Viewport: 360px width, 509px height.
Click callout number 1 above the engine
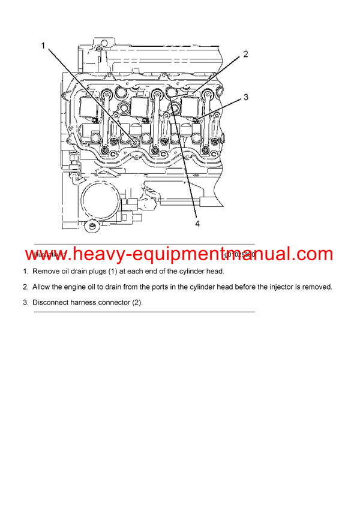pos(43,46)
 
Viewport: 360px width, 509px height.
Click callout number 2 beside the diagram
pos(245,55)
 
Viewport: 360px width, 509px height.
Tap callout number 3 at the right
pos(245,97)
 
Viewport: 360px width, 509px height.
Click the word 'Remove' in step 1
pos(46,272)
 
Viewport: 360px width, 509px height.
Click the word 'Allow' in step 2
pos(43,287)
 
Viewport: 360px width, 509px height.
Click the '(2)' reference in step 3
pos(137,302)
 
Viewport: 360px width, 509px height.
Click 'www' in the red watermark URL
pos(46,254)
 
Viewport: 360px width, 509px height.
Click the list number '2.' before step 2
pos(26,287)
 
